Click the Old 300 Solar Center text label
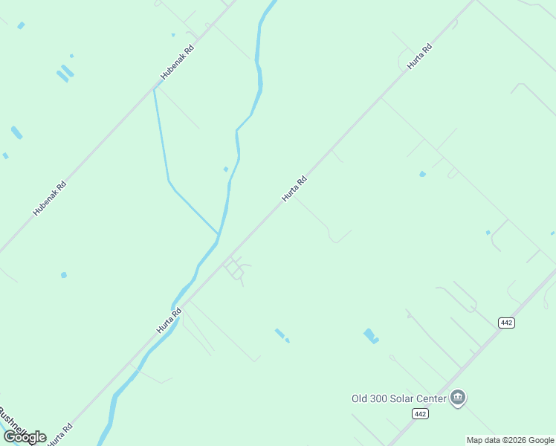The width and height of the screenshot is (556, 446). click(398, 398)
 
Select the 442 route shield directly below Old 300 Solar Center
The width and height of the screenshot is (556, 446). click(421, 413)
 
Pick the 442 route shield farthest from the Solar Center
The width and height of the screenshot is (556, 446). click(506, 322)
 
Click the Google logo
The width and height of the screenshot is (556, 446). click(25, 437)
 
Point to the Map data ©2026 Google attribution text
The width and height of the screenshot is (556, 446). click(510, 440)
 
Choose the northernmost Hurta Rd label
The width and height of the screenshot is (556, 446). click(419, 56)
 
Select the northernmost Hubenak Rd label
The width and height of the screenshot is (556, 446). click(178, 62)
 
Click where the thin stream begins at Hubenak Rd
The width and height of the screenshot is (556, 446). click(154, 89)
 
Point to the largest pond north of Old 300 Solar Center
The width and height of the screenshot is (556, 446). click(370, 336)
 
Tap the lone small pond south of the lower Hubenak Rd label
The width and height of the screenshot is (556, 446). click(64, 275)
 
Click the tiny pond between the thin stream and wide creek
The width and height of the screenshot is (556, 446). click(226, 169)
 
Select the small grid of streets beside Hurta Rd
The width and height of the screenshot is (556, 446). click(236, 268)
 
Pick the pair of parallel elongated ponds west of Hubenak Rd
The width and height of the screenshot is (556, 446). click(65, 74)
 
